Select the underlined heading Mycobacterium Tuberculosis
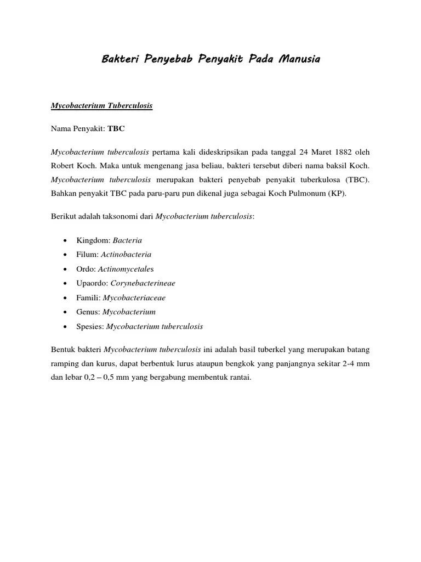101,106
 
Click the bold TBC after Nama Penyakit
116,129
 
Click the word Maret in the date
309,151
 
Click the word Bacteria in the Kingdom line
127,240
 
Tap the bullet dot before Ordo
66,269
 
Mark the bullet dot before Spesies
66,327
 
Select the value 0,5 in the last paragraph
113,378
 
